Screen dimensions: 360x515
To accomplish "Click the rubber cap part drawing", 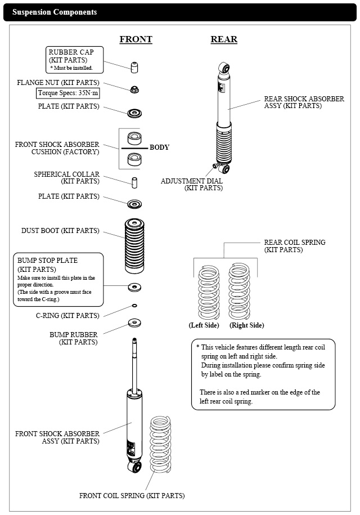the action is click(x=134, y=67).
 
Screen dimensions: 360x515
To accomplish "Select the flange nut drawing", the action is click(x=134, y=89).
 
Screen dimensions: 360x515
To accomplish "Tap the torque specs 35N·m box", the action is click(x=67, y=93).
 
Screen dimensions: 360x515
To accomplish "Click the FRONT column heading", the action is click(x=136, y=39).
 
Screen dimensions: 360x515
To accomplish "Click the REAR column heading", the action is click(x=224, y=39).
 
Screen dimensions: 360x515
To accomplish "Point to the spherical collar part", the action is click(x=134, y=183).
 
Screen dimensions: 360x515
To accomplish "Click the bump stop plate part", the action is click(x=134, y=288).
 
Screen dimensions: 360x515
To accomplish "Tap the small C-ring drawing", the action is click(x=134, y=306).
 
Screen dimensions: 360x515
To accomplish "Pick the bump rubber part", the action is click(x=134, y=323).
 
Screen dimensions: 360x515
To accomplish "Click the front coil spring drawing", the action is click(x=160, y=445).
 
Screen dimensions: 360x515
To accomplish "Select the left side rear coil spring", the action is click(x=209, y=293).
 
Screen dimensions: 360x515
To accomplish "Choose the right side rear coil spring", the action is click(x=239, y=291).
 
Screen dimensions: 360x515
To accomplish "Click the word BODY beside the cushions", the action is click(x=160, y=147).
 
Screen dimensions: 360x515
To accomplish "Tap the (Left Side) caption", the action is click(x=204, y=325).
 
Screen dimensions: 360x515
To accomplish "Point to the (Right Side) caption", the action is click(x=247, y=325).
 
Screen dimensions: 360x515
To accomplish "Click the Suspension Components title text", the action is click(x=55, y=12).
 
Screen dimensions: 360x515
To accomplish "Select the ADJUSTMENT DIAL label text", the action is click(x=192, y=181).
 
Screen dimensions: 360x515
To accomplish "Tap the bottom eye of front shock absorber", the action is click(x=135, y=467).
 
